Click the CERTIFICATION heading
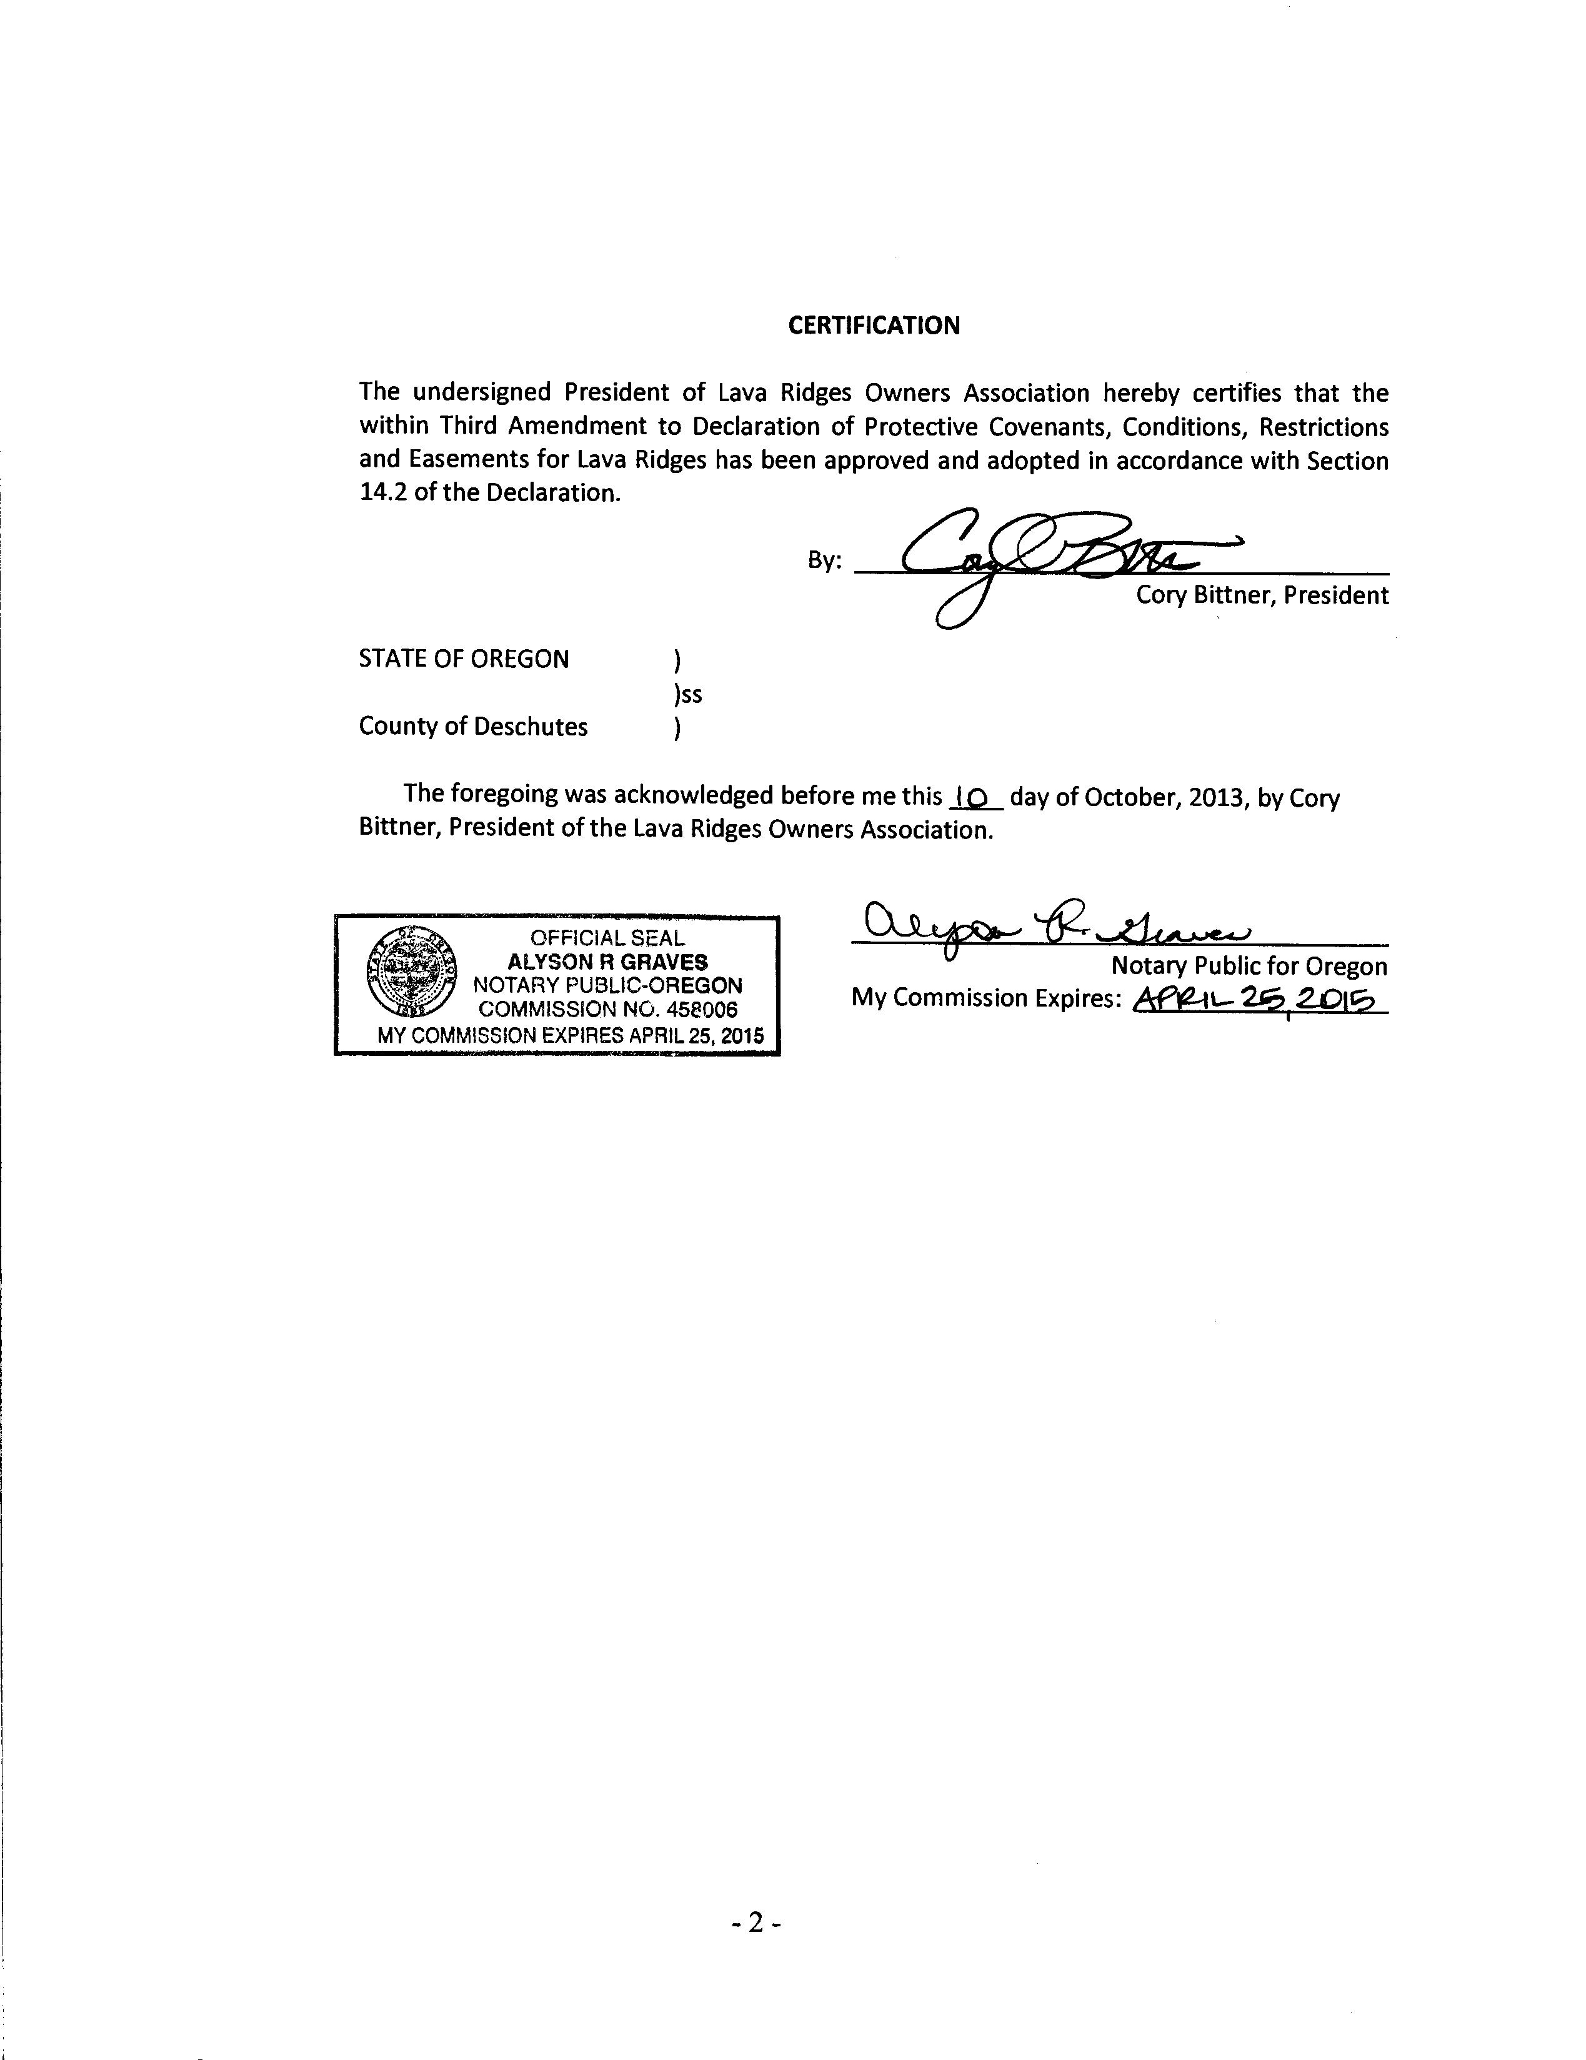point(874,326)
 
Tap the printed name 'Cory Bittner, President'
point(1262,595)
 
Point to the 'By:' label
point(824,560)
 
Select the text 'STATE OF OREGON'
point(463,659)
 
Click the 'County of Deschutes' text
point(472,726)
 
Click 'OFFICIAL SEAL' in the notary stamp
point(607,938)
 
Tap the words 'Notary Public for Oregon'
point(1248,966)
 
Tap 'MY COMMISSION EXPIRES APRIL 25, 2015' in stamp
point(570,1035)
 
